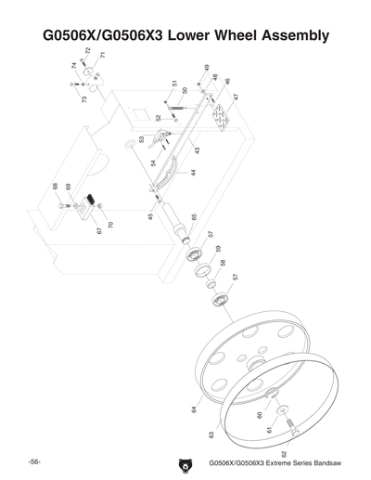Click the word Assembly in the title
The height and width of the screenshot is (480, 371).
pos(287,37)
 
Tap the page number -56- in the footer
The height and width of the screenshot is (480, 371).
pos(32,461)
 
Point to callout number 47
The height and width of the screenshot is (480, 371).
pos(235,97)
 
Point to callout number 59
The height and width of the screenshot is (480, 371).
pos(219,249)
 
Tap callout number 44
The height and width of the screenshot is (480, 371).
pos(193,173)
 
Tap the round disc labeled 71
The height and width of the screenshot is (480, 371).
pos(85,71)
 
